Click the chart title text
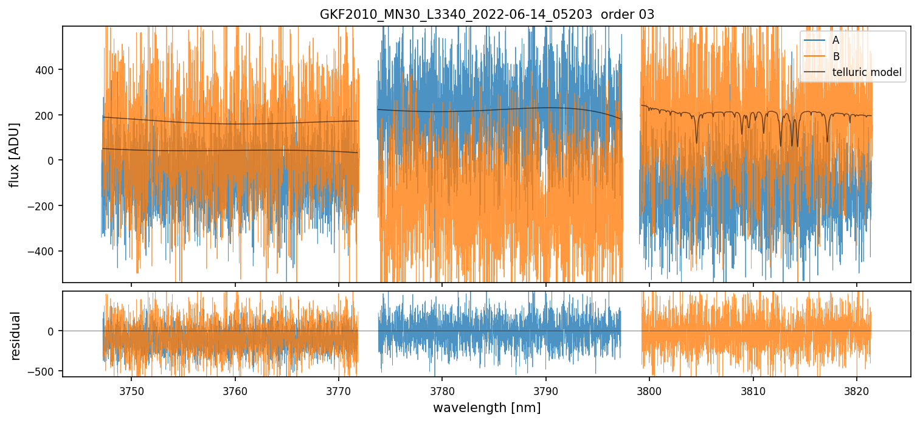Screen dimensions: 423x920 (x=486, y=15)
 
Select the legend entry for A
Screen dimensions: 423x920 (x=835, y=40)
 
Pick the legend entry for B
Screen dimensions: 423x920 (x=835, y=57)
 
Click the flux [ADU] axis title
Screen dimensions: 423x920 (x=15, y=154)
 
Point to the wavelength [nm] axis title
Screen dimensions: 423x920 (x=486, y=407)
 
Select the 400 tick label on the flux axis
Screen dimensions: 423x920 (x=46, y=70)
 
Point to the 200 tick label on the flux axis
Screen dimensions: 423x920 (x=46, y=115)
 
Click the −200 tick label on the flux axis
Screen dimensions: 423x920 (x=44, y=206)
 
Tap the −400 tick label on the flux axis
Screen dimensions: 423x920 (x=44, y=251)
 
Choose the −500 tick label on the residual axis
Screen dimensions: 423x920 (x=44, y=371)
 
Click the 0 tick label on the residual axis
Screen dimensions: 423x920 (x=51, y=331)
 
